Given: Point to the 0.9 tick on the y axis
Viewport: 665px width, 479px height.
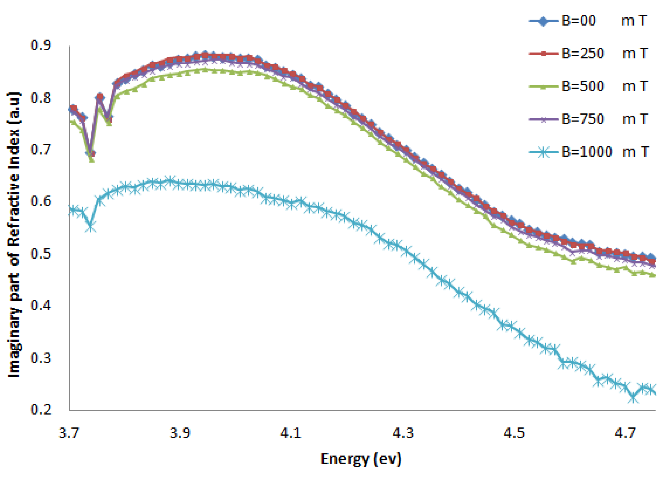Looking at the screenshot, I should [x=41, y=45].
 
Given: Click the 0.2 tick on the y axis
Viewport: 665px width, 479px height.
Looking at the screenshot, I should [x=41, y=409].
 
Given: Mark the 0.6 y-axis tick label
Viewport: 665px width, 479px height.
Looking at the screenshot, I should [x=41, y=201].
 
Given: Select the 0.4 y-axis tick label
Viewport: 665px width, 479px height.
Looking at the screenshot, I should [x=41, y=305].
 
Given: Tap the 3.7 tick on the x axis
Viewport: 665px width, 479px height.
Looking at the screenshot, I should [x=69, y=433].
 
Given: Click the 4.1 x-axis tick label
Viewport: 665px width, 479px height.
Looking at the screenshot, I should [x=291, y=433].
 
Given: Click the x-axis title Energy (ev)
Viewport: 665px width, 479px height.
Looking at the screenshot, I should [x=361, y=459].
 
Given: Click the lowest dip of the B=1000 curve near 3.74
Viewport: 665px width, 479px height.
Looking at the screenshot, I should [x=91, y=227].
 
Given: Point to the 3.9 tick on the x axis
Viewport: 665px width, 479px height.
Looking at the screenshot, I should [x=180, y=433].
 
